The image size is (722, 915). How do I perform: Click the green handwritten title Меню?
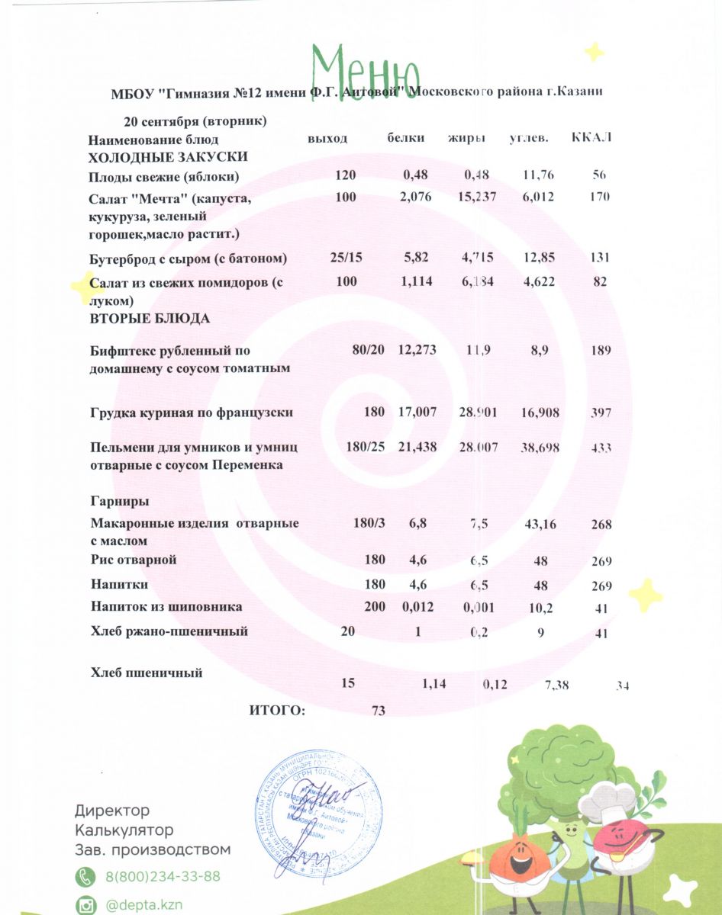(366, 67)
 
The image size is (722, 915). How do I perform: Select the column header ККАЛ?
(591, 138)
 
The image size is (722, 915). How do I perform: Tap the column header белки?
(406, 139)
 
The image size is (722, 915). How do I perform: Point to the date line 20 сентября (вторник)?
(195, 121)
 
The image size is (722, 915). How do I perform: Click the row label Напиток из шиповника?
(166, 607)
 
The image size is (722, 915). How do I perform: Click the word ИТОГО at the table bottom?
(277, 711)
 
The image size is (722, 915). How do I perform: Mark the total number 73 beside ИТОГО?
(378, 711)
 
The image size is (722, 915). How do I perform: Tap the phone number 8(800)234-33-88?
(163, 877)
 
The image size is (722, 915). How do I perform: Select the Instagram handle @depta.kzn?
(143, 905)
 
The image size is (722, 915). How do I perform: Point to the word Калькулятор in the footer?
(124, 830)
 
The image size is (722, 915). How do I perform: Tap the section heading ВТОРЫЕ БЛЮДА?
(150, 319)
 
